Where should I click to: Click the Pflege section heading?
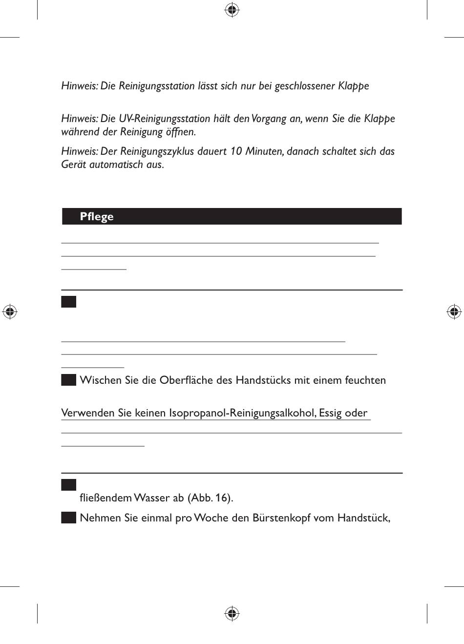click(x=97, y=217)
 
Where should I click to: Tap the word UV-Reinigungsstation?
click(x=157, y=119)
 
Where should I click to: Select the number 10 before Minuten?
click(x=236, y=151)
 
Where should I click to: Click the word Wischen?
click(x=101, y=380)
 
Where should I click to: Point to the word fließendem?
click(x=105, y=498)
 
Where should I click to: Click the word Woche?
click(x=211, y=518)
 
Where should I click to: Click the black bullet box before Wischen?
click(x=68, y=380)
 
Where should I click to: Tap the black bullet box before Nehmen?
click(x=68, y=518)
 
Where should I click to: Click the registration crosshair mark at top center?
click(x=232, y=10)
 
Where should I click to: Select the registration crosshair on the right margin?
click(x=454, y=311)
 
